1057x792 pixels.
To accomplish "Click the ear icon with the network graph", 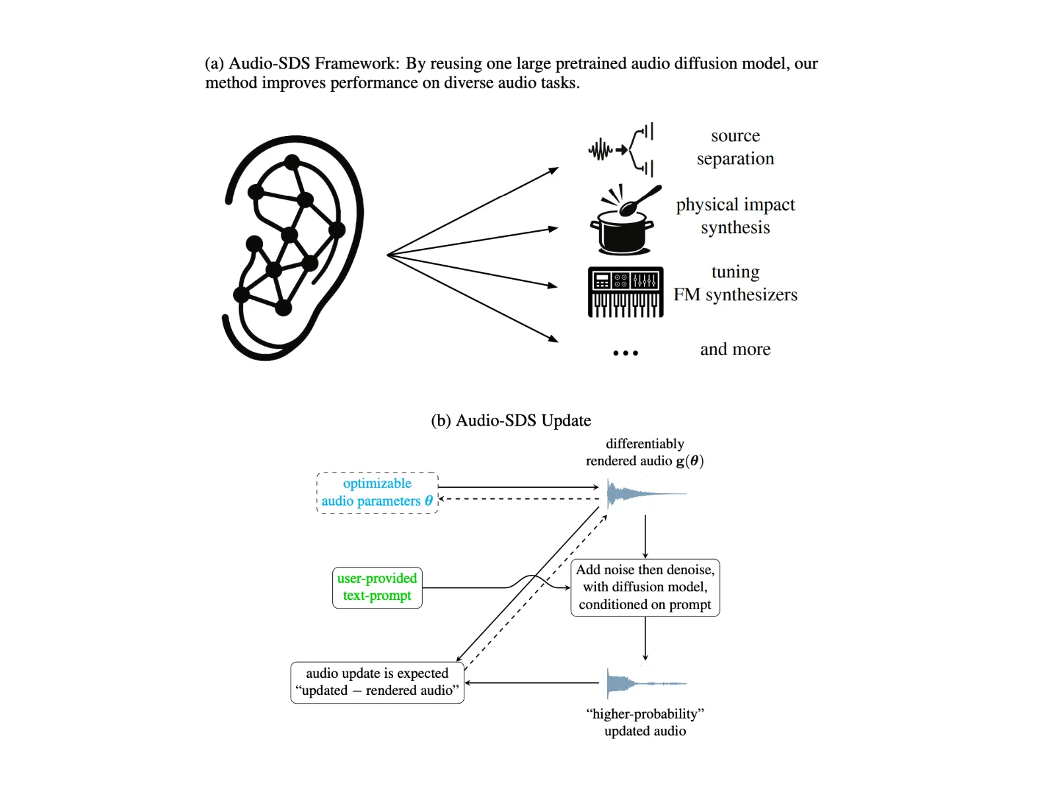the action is pos(292,247).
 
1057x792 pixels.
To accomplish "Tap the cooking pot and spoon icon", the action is pos(624,220).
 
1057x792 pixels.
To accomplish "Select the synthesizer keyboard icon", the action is pos(626,292).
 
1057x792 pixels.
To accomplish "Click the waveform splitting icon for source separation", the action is pos(621,150).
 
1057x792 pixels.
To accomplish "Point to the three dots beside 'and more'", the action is pos(626,353).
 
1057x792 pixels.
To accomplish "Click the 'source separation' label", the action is pos(735,147).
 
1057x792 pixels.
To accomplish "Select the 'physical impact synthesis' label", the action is pos(735,216).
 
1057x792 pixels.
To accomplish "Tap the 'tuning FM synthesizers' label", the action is pos(735,283).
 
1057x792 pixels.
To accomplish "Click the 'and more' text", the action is pos(735,349).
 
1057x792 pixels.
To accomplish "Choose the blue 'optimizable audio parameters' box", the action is pos(377,493).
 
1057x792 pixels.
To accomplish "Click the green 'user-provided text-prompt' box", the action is pos(377,587).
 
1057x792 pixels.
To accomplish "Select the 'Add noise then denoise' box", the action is pos(645,587).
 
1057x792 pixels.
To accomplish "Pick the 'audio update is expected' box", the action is pos(377,682).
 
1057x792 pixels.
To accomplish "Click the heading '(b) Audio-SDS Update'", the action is pos(511,420).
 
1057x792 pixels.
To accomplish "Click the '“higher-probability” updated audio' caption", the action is pos(645,722).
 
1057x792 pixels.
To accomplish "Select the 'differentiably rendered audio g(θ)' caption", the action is pos(645,452).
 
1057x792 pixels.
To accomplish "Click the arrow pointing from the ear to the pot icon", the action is pos(473,242).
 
